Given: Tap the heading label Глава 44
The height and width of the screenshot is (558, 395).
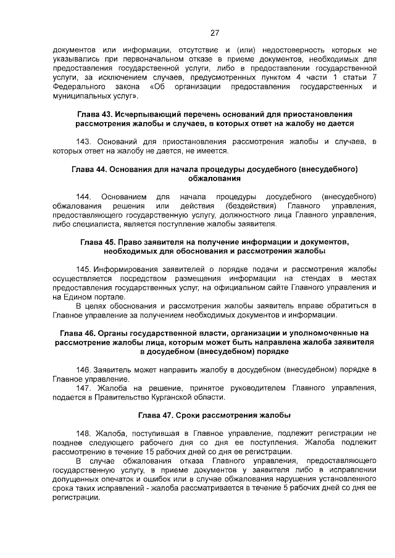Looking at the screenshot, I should point(89,168).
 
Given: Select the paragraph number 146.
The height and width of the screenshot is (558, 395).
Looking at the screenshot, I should point(83,369).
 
